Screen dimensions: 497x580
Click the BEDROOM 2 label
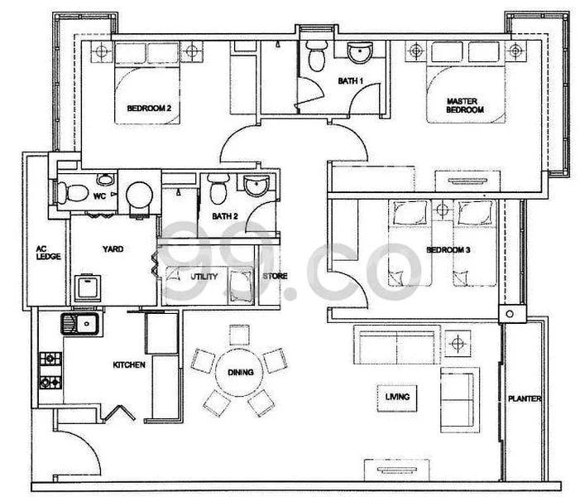tap(149, 108)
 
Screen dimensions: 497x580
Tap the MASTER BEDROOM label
tap(464, 105)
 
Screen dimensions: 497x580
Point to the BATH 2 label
tap(224, 217)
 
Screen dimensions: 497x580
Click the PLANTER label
tap(525, 399)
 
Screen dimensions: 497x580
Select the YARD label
tap(113, 248)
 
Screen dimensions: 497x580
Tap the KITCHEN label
tap(130, 364)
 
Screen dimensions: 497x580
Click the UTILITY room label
tap(204, 277)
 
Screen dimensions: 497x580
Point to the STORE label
tap(275, 277)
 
